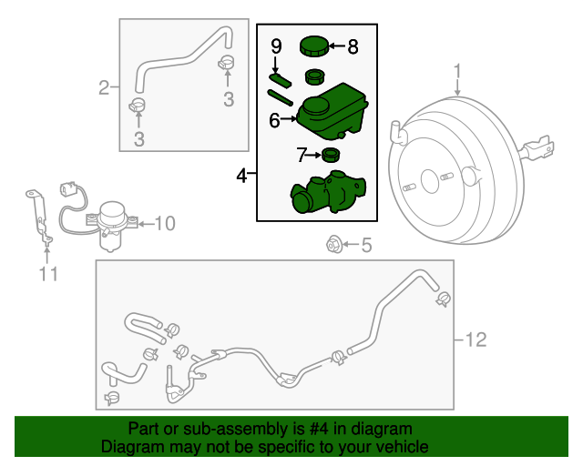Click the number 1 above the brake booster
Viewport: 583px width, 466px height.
(x=458, y=71)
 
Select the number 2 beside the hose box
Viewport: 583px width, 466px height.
(x=105, y=87)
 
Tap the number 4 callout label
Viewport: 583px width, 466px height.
(x=241, y=175)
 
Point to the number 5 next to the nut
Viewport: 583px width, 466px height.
(x=366, y=244)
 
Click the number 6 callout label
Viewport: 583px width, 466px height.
(x=274, y=119)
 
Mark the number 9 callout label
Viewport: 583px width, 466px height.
(x=276, y=45)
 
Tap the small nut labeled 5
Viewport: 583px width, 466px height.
(x=334, y=244)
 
